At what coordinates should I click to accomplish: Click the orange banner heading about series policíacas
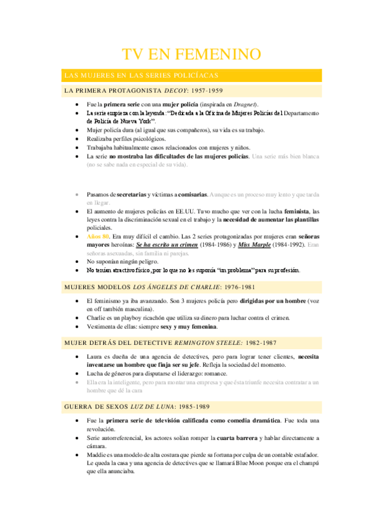[x=141, y=75]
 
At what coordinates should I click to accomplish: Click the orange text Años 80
[x=98, y=237]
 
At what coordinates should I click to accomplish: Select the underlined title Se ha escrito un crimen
[x=167, y=245]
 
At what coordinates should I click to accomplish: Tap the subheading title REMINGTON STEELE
[x=206, y=343]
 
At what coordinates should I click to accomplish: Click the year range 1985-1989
[x=191, y=390]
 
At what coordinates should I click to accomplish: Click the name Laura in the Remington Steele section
[x=94, y=357]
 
